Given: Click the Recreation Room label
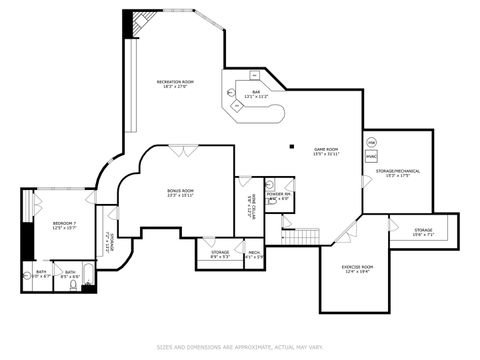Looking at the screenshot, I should coord(174,84).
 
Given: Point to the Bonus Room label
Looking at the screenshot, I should coord(180,192).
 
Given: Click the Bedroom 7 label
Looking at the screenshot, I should coord(50,225).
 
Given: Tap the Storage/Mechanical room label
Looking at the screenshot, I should coord(397,173).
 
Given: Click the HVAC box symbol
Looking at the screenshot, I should coord(371,156).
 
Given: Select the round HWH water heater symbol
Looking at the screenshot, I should coord(371,143).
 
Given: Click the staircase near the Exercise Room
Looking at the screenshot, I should coord(301,235).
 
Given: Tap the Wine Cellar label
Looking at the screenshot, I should coord(251,209).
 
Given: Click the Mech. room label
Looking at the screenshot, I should coord(254,255).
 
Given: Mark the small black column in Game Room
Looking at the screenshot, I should coord(291,146).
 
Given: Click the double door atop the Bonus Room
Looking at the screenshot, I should coord(182,151).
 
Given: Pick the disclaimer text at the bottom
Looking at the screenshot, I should coord(239,347).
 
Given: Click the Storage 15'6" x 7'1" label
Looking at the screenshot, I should coord(423,232).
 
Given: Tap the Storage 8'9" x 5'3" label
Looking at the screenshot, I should coord(219,255).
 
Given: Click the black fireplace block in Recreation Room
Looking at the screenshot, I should coord(127,24).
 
